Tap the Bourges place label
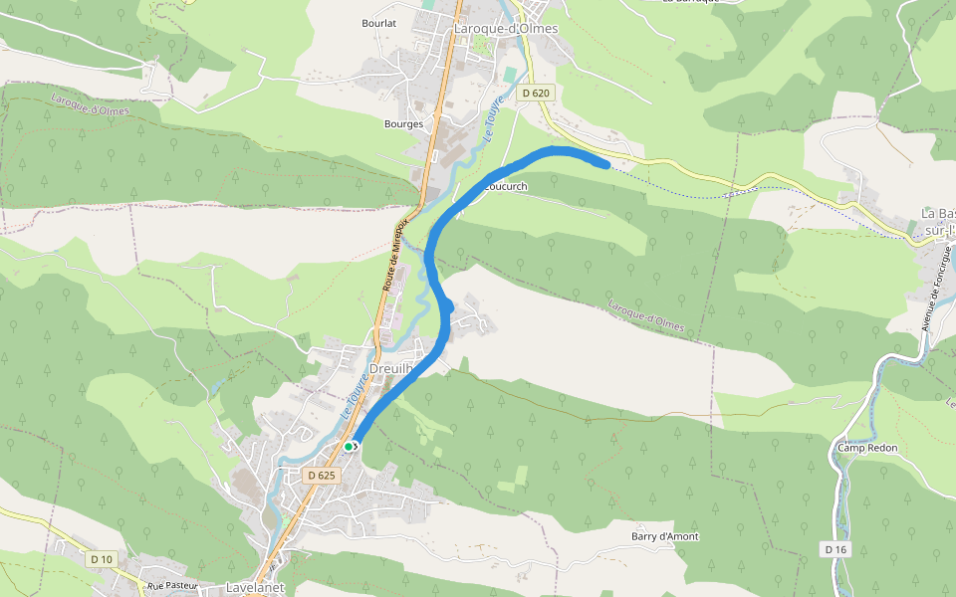403,124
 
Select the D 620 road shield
535,94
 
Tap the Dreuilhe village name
390,368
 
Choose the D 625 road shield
323,476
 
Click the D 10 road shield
101,559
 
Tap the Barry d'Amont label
664,536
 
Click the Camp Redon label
866,448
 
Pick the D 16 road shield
836,549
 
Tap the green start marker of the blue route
350,448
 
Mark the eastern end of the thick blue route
605,163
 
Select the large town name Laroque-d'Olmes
505,29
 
